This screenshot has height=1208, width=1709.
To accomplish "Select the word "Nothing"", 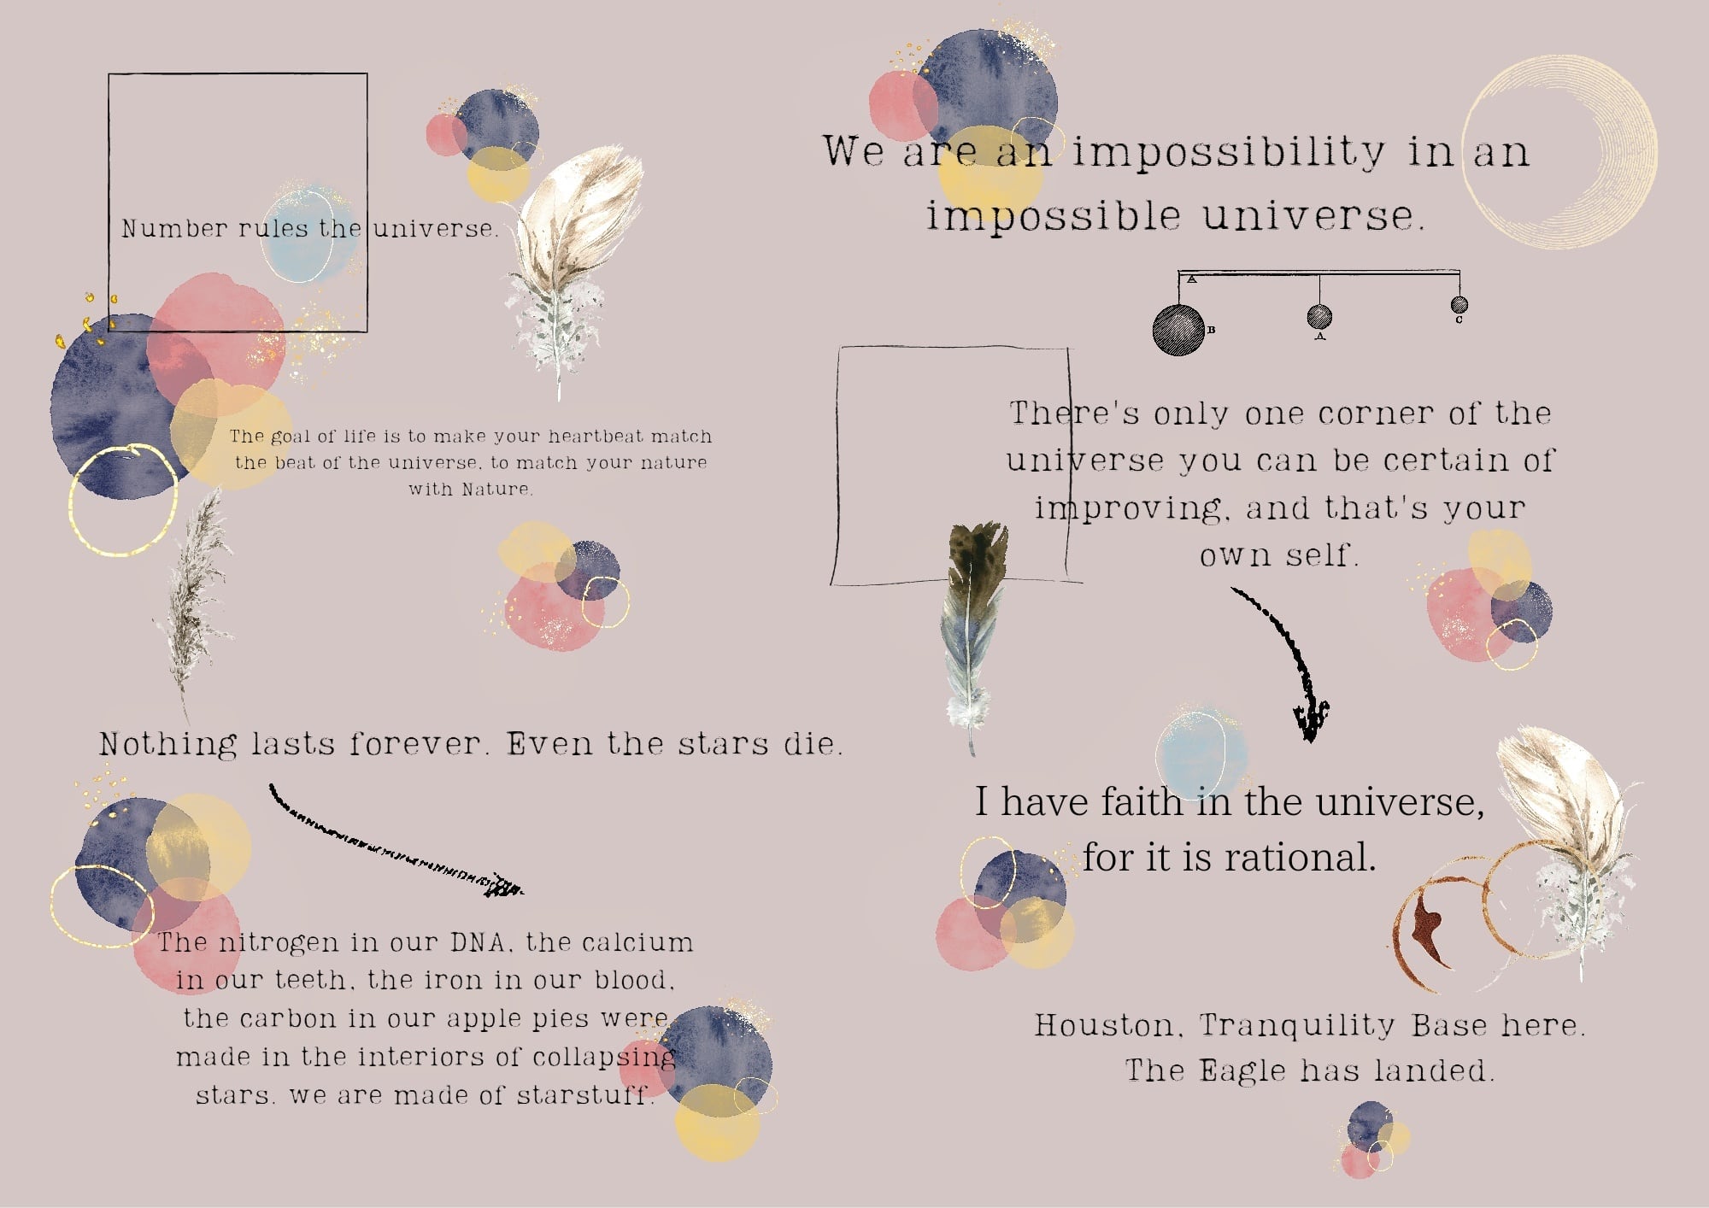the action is (x=167, y=744).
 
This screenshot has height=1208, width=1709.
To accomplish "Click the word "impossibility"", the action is (x=1229, y=152).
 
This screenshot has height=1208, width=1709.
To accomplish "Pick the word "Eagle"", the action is (x=1242, y=1071).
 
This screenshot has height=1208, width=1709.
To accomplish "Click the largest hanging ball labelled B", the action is (x=1178, y=330).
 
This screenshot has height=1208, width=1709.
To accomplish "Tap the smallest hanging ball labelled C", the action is (x=1459, y=304).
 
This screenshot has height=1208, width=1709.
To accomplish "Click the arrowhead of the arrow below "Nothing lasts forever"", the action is (x=504, y=886).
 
